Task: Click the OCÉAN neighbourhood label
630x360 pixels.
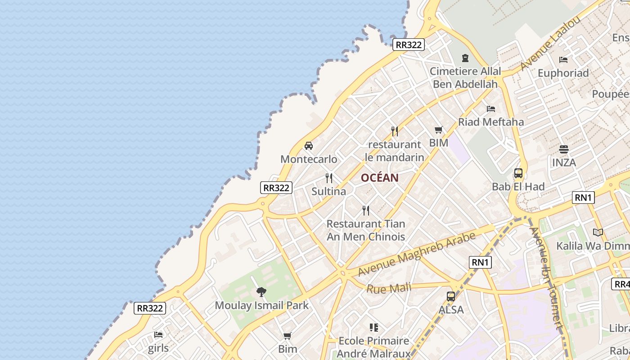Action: (x=379, y=178)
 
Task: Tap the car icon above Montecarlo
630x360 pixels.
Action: (x=309, y=146)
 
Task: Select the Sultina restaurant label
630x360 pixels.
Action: (x=329, y=191)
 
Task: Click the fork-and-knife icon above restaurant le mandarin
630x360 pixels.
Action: (x=395, y=131)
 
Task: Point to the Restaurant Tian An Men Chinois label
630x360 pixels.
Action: (x=366, y=230)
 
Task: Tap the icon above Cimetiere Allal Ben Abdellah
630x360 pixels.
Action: (x=465, y=58)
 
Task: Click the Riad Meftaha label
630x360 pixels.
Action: (x=491, y=122)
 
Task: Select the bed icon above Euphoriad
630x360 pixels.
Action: (x=563, y=59)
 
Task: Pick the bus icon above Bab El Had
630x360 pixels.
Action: (x=518, y=173)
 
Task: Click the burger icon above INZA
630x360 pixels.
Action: (x=564, y=149)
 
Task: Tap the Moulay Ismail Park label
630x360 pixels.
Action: (x=261, y=306)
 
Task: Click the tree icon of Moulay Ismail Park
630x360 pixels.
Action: (x=261, y=292)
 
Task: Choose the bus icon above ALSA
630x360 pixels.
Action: (x=451, y=297)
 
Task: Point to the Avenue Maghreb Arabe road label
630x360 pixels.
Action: (x=417, y=254)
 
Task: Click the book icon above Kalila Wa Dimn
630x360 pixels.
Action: (x=598, y=233)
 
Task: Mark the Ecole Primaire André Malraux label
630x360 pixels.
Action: (x=373, y=347)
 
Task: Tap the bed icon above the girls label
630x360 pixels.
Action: (x=158, y=335)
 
